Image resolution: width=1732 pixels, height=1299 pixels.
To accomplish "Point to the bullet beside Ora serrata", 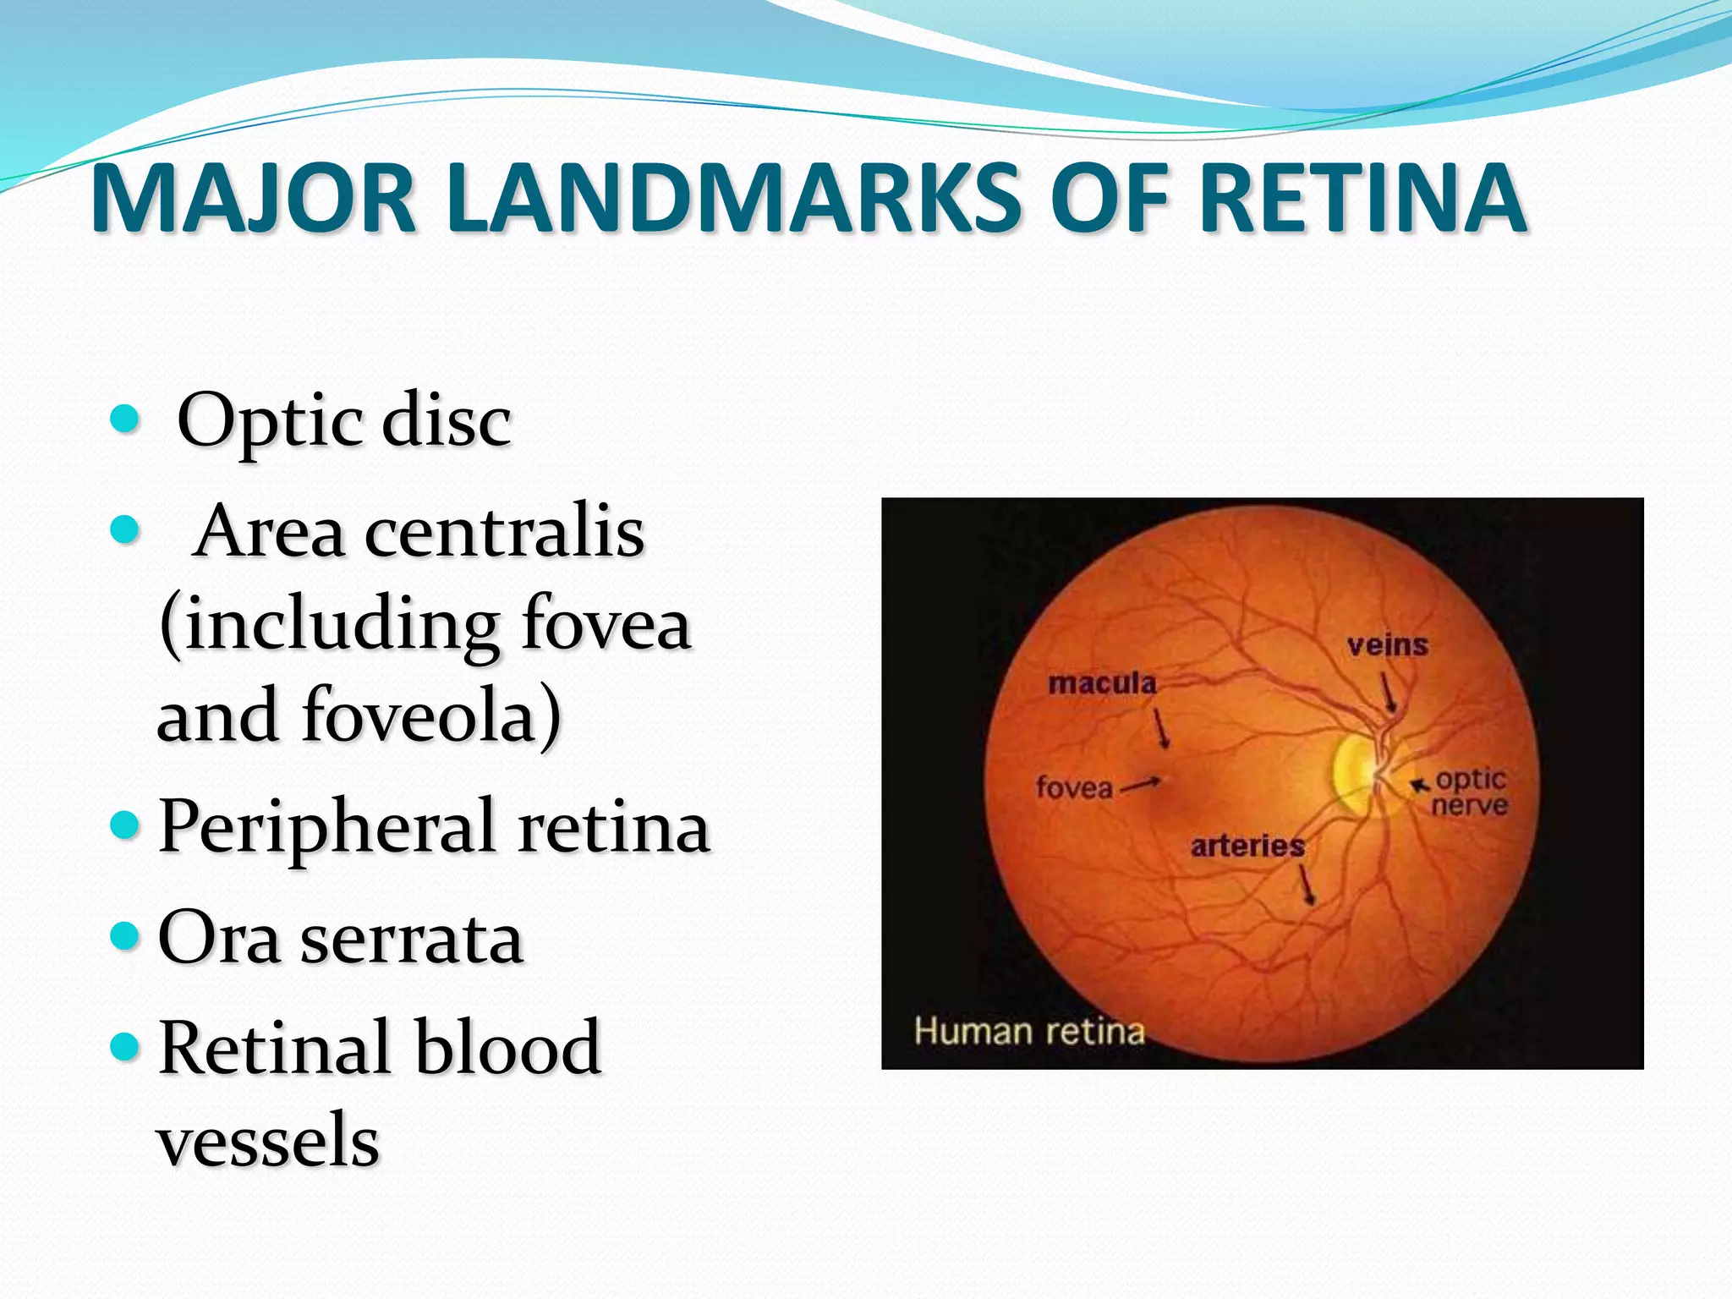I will click(x=123, y=935).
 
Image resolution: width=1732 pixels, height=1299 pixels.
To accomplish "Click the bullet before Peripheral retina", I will click(x=123, y=823).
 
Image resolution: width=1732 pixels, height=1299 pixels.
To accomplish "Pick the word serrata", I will click(x=412, y=939).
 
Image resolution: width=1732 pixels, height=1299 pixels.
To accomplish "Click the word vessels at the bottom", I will click(x=268, y=1139).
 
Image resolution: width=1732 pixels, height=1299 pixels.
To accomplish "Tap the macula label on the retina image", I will click(x=1102, y=682).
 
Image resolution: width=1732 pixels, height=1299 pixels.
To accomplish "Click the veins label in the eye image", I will click(x=1388, y=645).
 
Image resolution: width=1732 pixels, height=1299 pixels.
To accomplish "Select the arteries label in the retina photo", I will click(x=1247, y=846).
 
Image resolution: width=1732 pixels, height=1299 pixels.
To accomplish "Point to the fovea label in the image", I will click(x=1074, y=788).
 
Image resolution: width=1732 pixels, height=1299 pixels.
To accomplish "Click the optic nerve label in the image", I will click(x=1470, y=792).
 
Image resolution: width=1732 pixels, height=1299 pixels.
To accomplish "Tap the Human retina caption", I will click(x=1029, y=1031).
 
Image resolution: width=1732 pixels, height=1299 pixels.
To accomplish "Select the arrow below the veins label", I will click(x=1389, y=691).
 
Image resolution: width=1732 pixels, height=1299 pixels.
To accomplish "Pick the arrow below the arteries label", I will click(x=1307, y=885).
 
